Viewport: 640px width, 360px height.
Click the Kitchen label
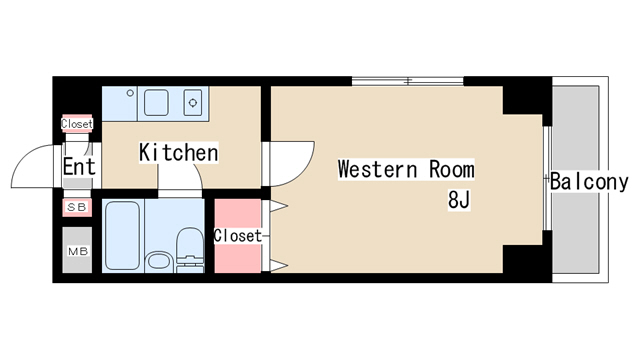(179, 153)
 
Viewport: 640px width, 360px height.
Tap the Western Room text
(406, 169)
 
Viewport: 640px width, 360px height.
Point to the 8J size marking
(459, 200)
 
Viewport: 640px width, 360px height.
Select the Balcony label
(589, 182)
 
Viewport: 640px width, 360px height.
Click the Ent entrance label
(79, 166)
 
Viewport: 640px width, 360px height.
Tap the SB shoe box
(77, 207)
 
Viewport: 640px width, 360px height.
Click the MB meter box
(77, 250)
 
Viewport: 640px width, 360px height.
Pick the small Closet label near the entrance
(77, 123)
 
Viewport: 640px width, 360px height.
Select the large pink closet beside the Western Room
(238, 236)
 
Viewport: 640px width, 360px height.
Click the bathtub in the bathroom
(122, 236)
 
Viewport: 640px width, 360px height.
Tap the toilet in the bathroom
(190, 250)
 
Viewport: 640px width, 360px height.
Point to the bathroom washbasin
(159, 260)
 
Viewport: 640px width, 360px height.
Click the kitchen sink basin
(156, 103)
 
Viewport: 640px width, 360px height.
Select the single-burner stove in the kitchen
(193, 103)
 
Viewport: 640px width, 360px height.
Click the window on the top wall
(407, 81)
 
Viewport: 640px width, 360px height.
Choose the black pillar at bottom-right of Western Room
(527, 258)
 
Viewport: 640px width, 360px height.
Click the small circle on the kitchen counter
(130, 93)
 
